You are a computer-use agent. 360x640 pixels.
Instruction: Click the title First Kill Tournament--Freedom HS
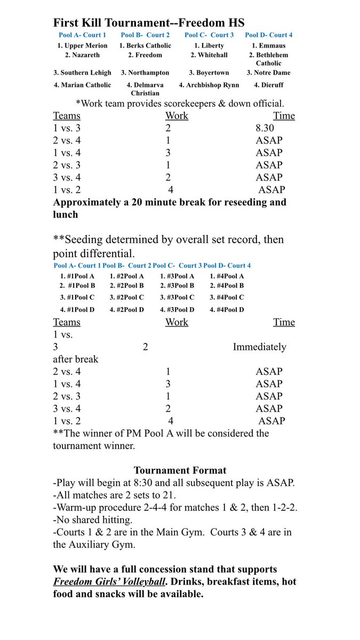tap(149, 23)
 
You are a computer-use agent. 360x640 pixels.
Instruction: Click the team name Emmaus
tap(271, 46)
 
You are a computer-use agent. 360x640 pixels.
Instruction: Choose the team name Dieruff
tap(271, 85)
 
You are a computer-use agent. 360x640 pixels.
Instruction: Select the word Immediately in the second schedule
tap(259, 347)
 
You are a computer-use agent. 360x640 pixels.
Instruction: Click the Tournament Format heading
tap(180, 470)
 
